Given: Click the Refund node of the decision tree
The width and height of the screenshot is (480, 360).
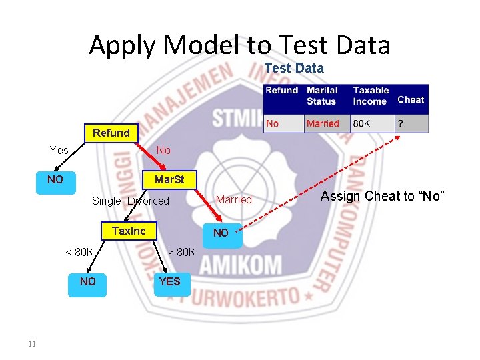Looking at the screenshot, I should tap(111, 133).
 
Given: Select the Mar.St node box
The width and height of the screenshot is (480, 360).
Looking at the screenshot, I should tap(169, 180).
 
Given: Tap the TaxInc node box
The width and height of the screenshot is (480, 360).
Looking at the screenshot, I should tap(129, 231).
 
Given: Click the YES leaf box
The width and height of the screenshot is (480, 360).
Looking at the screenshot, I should tap(169, 281).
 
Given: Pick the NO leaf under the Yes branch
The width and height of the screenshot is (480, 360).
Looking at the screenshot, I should tap(55, 180).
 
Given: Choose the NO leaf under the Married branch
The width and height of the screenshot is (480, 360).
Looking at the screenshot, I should tap(221, 233).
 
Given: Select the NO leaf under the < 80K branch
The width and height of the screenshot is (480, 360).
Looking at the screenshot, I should tap(87, 281).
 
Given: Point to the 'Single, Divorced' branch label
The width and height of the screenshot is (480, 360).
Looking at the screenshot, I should tap(131, 201).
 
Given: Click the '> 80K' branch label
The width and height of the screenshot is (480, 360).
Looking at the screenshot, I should tap(181, 252).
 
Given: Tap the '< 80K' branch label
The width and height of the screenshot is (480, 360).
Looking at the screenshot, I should tap(79, 252).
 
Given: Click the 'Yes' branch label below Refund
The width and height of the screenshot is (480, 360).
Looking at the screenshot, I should tap(59, 151).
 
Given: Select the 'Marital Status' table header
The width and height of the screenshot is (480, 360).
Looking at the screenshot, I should tap(322, 95).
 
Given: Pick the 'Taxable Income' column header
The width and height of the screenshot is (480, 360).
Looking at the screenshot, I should tap(371, 95).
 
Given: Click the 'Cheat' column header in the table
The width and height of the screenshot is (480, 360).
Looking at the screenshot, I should tap(411, 100).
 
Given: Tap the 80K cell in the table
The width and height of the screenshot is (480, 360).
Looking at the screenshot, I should tap(362, 124).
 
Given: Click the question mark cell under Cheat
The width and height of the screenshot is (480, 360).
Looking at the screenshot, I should tap(401, 124).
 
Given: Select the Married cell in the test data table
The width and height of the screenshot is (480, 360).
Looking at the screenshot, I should tap(323, 124).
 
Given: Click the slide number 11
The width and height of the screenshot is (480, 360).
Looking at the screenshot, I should tap(32, 344).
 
